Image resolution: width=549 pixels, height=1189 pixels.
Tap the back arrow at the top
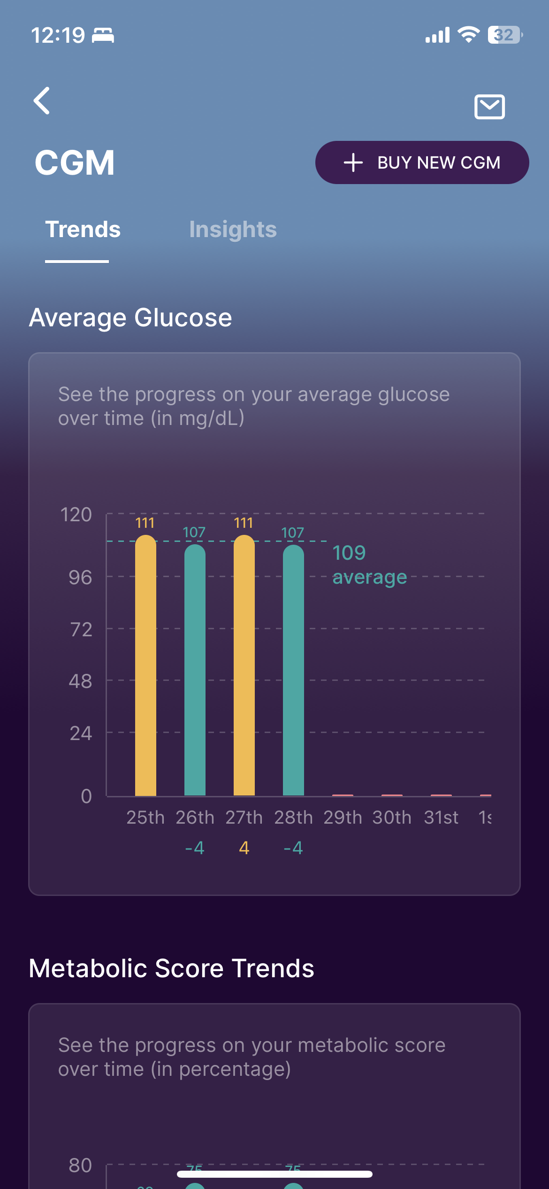42,100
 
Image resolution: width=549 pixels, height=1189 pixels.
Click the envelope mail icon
489,107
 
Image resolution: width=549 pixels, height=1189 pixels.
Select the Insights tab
233,230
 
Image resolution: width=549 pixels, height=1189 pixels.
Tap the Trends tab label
83,230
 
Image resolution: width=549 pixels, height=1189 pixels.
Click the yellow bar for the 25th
145,667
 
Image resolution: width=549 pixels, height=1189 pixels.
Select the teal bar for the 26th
195,672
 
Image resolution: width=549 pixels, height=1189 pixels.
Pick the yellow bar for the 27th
244,667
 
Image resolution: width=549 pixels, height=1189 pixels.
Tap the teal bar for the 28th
293,672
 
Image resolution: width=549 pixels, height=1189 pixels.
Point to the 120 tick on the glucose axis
76,515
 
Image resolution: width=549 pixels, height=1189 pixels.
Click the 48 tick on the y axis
80,681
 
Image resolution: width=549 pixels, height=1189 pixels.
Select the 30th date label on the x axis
392,818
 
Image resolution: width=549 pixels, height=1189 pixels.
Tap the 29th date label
343,818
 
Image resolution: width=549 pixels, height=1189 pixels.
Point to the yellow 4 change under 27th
244,848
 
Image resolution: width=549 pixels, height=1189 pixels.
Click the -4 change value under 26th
195,848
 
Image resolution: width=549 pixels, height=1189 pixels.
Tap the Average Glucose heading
130,318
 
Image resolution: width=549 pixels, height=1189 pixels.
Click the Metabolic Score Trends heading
171,968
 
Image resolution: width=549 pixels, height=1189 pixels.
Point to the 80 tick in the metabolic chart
80,1165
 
